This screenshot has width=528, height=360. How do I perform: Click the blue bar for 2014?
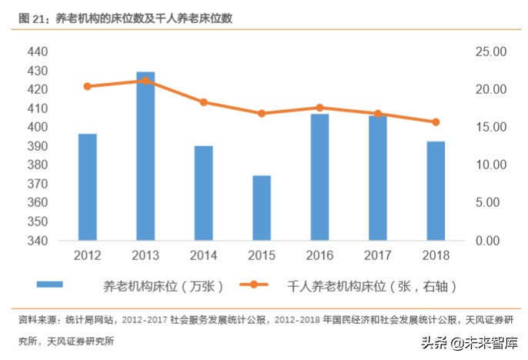[203, 193]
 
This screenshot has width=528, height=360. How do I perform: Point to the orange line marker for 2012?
[88, 86]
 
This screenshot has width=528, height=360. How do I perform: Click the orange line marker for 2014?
[203, 102]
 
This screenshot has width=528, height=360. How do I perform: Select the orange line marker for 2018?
[436, 122]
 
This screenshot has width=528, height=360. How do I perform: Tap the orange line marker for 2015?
[262, 113]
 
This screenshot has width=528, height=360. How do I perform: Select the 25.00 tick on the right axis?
[489, 52]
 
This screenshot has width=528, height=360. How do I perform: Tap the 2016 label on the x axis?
[319, 255]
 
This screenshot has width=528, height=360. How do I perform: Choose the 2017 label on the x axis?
[377, 255]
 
